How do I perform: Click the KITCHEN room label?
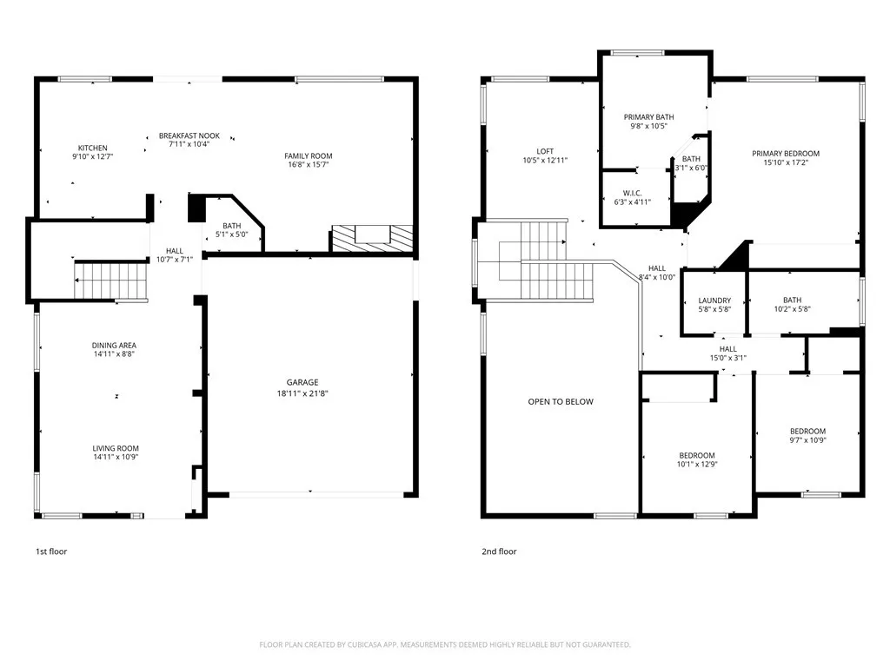pyautogui.click(x=92, y=148)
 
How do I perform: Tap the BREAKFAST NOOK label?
pyautogui.click(x=189, y=135)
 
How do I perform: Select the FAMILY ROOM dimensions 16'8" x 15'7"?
pyautogui.click(x=309, y=165)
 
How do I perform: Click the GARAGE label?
pyautogui.click(x=302, y=382)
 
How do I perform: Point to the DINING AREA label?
pyautogui.click(x=115, y=346)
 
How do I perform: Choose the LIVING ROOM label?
pyautogui.click(x=116, y=448)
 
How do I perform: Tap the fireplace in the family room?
pyautogui.click(x=371, y=238)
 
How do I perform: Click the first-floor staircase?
pyautogui.click(x=109, y=281)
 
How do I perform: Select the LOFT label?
pyautogui.click(x=545, y=151)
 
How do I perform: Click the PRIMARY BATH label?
pyautogui.click(x=648, y=117)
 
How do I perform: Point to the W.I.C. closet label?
pyautogui.click(x=632, y=193)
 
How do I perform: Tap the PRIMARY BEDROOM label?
pyautogui.click(x=786, y=154)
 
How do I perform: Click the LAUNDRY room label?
pyautogui.click(x=714, y=300)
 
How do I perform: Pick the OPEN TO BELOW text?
pyautogui.click(x=561, y=402)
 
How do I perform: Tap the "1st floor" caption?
pyautogui.click(x=50, y=551)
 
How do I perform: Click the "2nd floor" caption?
pyautogui.click(x=499, y=551)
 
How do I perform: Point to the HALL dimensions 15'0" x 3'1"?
pyautogui.click(x=727, y=358)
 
